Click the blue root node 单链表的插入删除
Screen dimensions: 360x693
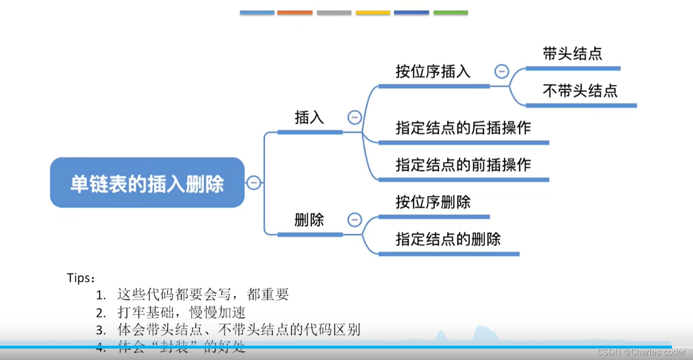(x=147, y=183)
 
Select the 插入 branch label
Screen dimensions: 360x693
(x=309, y=118)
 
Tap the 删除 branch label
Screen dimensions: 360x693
(x=309, y=220)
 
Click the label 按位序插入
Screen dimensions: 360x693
(x=433, y=72)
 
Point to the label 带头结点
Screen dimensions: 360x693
(x=572, y=54)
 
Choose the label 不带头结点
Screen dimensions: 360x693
(x=580, y=90)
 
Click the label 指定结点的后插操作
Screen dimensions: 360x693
(x=463, y=128)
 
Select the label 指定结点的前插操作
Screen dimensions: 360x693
(x=463, y=165)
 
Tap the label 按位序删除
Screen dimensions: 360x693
(x=433, y=202)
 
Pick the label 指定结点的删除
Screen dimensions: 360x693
(x=448, y=239)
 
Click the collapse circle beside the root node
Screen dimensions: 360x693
(x=254, y=182)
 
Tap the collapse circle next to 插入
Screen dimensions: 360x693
(x=355, y=117)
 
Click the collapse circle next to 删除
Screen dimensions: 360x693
(x=355, y=220)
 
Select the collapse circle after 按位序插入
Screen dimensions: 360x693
(x=502, y=72)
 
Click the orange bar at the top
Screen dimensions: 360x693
(x=295, y=13)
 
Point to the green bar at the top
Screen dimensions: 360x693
(x=450, y=13)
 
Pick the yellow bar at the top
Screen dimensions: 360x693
(x=373, y=13)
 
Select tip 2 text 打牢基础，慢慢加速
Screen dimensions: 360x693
(x=181, y=312)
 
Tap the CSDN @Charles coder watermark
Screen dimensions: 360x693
(x=641, y=352)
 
